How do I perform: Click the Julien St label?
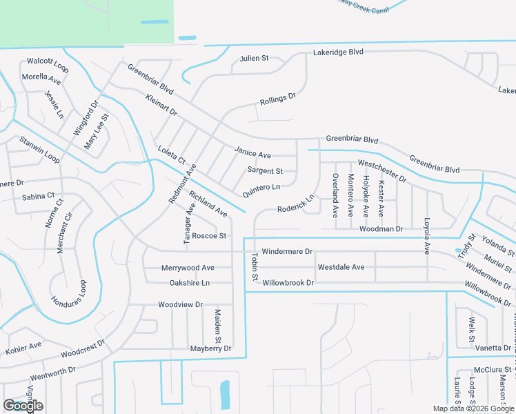pos(254,59)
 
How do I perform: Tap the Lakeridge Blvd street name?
pos(337,52)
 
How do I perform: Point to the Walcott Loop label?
pos(48,65)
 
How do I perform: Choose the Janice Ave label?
pos(252,154)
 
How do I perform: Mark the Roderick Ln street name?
pos(296,204)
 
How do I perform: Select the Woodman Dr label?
pos(380,228)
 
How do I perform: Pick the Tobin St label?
pos(255,267)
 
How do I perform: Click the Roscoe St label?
pos(209,236)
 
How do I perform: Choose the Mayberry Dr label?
pos(210,349)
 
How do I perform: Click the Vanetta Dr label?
pos(493,348)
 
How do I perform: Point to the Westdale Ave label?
pos(341,267)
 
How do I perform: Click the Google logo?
pos(23,406)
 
